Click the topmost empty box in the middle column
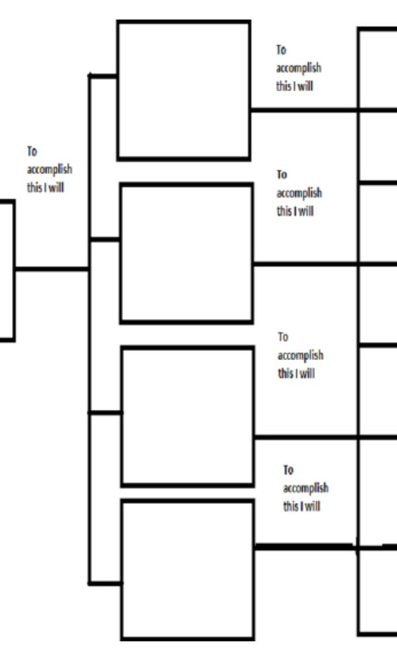coord(184,91)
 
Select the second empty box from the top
coord(186,254)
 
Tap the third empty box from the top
coord(187,416)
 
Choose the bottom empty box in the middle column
coord(188,570)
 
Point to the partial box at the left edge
coord(7,271)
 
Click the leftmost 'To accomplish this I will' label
coord(49,169)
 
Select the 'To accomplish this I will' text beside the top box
coord(298,68)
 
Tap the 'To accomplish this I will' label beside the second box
coord(298,193)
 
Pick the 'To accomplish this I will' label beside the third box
coord(300,355)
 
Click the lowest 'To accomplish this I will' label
coord(305,489)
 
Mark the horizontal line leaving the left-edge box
coord(52,269)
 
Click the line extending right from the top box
coord(304,109)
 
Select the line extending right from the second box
coord(306,264)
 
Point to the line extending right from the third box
coord(306,437)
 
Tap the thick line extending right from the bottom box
coord(304,547)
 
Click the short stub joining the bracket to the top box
coord(103,76)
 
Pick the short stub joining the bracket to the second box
coord(105,239)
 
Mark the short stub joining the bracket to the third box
coord(105,413)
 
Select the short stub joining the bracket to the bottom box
coord(105,583)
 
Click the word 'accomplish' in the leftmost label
coord(50,169)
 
